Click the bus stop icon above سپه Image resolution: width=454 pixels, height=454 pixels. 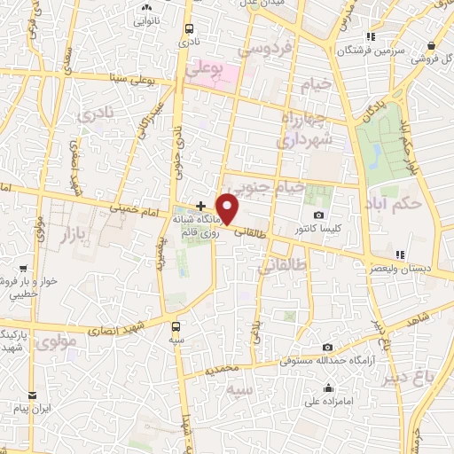177,325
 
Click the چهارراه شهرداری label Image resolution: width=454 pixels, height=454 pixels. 306,130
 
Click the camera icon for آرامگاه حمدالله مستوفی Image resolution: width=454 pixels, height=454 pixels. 328,347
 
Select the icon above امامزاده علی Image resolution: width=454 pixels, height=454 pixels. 328,387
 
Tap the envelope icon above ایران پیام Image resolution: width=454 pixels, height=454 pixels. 33,395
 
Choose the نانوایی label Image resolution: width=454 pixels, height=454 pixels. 147,20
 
